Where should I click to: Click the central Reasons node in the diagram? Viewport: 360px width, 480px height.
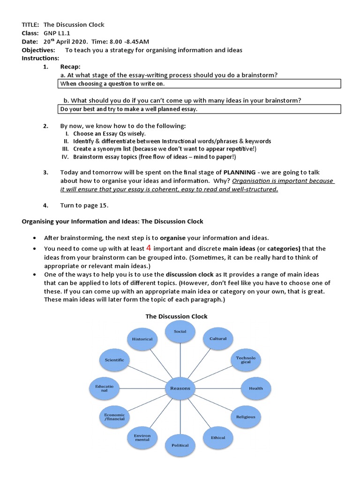(180, 388)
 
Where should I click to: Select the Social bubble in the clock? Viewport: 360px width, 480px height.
(180, 332)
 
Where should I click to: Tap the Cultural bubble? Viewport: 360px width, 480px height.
(218, 338)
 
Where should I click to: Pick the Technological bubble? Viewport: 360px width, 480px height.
(246, 360)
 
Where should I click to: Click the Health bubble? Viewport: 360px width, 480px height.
(256, 388)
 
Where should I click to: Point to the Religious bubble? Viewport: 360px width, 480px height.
(246, 416)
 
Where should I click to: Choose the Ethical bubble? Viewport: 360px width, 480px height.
(218, 438)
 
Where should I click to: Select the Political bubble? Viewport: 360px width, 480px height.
(180, 445)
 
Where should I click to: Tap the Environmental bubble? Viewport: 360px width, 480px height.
(142, 438)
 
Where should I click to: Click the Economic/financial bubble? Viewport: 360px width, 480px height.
(114, 417)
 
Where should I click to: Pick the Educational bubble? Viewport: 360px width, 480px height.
(105, 388)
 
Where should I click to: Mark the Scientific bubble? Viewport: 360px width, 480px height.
(114, 360)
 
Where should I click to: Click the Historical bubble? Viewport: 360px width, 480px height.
(142, 339)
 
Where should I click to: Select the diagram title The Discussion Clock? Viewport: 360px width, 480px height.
(176, 316)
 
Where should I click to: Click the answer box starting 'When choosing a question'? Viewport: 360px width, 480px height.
(200, 84)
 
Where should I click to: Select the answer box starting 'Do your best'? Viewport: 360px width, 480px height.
(200, 109)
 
